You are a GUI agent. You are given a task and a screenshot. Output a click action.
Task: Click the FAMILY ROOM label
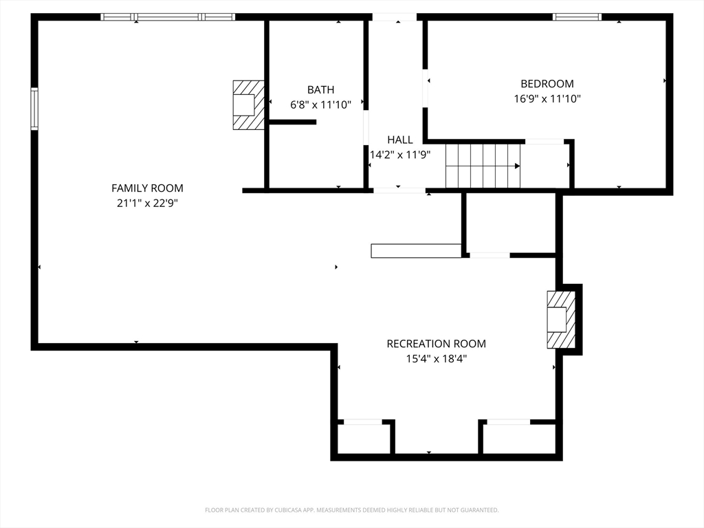[x=147, y=188]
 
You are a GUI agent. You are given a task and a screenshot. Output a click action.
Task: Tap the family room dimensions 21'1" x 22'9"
[x=147, y=203]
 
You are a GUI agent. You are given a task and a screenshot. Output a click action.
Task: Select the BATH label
[x=320, y=90]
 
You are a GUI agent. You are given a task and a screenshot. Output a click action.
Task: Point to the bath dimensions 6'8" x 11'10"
[x=320, y=105]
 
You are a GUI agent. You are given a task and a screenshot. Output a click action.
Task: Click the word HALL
[x=400, y=140]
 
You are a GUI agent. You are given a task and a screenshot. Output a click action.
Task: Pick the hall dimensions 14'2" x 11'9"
[x=400, y=155]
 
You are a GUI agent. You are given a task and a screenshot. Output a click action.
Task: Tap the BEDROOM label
[x=547, y=83]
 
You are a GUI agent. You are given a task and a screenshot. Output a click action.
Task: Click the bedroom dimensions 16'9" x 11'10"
[x=547, y=99]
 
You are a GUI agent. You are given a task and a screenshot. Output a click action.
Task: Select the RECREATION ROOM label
[x=436, y=344]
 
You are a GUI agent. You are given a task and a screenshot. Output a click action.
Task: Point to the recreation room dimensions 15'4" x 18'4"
[x=436, y=359]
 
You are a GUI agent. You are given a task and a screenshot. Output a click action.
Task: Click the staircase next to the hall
[x=483, y=166]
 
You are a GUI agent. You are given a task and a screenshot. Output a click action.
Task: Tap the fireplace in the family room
[x=248, y=105]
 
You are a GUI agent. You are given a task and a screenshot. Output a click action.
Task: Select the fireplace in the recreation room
[x=561, y=320]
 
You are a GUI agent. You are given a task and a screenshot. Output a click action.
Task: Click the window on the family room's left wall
[x=34, y=109]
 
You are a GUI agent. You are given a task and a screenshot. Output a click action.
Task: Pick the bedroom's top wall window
[x=577, y=17]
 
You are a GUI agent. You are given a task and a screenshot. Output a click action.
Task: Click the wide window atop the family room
[x=168, y=17]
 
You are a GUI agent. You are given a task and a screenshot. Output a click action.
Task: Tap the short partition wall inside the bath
[x=292, y=122]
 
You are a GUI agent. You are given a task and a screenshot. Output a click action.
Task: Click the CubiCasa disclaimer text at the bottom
[x=351, y=510]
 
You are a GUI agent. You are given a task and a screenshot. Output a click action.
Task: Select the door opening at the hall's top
[x=395, y=17]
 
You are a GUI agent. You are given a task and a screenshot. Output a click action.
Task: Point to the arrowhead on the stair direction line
[x=518, y=166]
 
